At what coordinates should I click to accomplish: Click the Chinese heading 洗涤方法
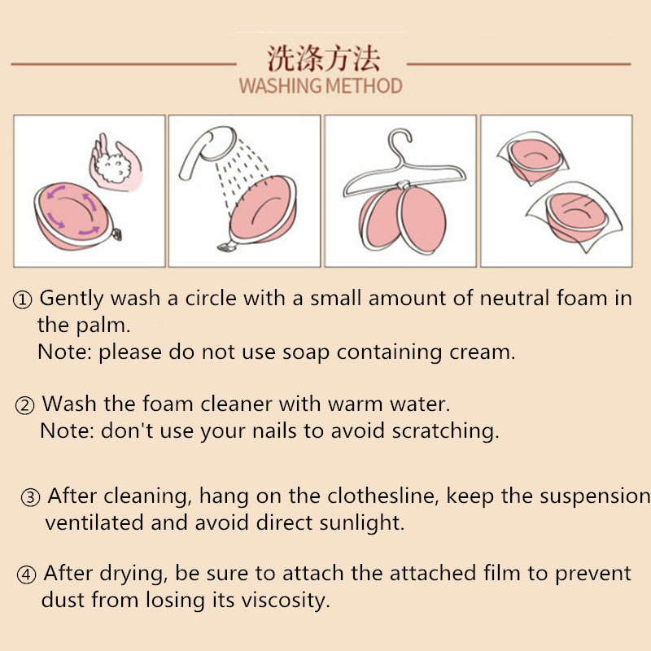coord(323,58)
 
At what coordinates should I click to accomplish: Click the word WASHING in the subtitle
coord(280,86)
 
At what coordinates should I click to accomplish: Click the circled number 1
coord(22,299)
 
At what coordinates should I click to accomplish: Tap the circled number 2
coord(24,405)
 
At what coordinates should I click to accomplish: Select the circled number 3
coord(30,497)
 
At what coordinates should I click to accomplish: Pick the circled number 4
coord(26,575)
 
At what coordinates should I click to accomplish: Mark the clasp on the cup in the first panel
coord(116,234)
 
